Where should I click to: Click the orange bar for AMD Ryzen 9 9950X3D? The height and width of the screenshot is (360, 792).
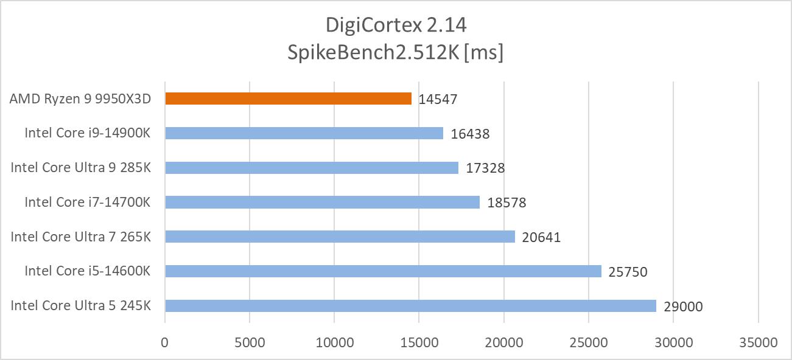point(288,99)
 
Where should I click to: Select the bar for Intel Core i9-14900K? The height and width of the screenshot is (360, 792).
point(304,133)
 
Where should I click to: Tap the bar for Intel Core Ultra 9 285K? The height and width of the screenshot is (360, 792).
point(311,167)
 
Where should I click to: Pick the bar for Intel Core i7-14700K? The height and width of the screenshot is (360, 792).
point(322,202)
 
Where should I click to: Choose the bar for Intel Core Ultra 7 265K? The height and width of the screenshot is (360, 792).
point(340,237)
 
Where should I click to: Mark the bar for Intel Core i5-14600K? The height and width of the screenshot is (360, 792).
point(383,271)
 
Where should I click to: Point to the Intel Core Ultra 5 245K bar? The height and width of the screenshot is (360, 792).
point(410,305)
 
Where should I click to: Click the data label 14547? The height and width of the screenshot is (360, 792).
point(438,100)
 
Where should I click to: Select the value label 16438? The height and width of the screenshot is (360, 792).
point(470,134)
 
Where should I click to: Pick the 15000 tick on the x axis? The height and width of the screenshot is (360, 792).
point(419,342)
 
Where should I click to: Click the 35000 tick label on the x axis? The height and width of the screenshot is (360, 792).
point(758,342)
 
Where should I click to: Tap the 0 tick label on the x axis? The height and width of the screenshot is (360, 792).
point(164,342)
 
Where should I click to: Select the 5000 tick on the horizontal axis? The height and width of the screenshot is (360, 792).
point(249,342)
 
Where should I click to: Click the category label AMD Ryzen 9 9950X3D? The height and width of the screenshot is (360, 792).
point(80,99)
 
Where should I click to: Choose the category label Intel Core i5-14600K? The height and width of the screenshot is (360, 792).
point(87,271)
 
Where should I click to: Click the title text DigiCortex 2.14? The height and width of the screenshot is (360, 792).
point(396,26)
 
